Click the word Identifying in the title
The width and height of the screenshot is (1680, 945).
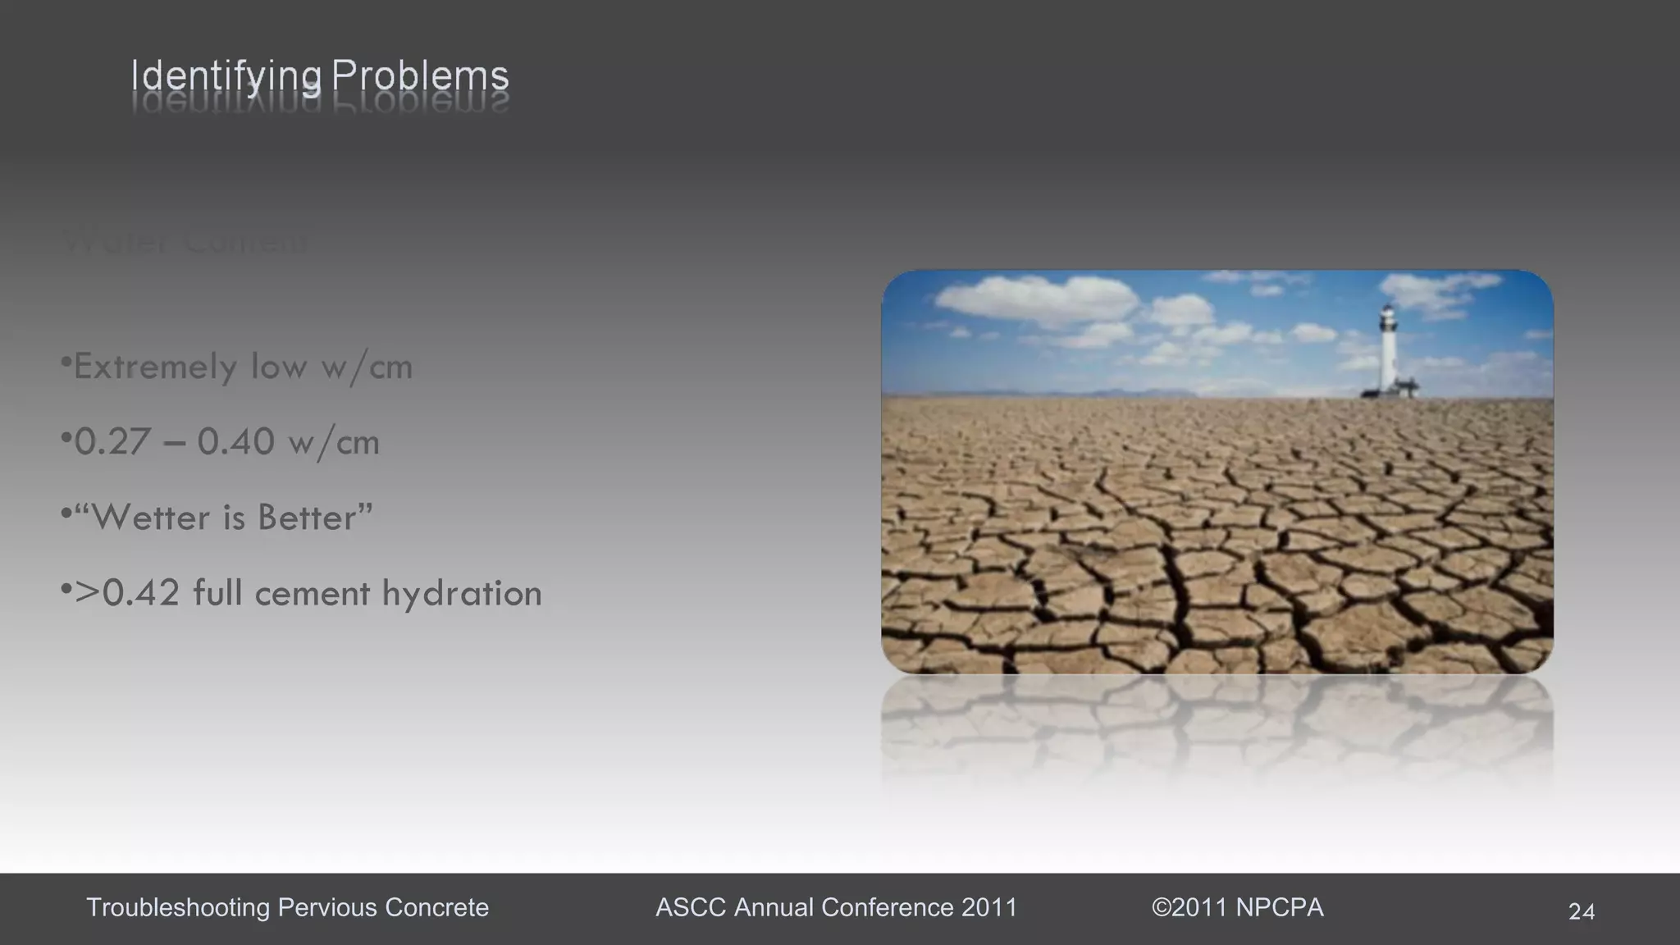pyautogui.click(x=226, y=77)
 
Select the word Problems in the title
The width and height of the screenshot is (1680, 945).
pyautogui.click(x=420, y=76)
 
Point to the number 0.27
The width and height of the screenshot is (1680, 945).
pyautogui.click(x=108, y=442)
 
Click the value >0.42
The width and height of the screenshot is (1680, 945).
pyautogui.click(x=127, y=593)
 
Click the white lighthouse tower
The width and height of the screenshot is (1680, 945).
pyautogui.click(x=1387, y=349)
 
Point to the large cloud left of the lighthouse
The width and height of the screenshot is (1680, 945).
pyautogui.click(x=1035, y=298)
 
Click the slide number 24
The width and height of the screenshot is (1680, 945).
pyautogui.click(x=1582, y=911)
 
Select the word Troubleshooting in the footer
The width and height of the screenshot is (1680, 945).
pyautogui.click(x=178, y=907)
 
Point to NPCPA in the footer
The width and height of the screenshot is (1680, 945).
pyautogui.click(x=1280, y=907)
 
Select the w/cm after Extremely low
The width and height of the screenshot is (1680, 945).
pyautogui.click(x=367, y=367)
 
